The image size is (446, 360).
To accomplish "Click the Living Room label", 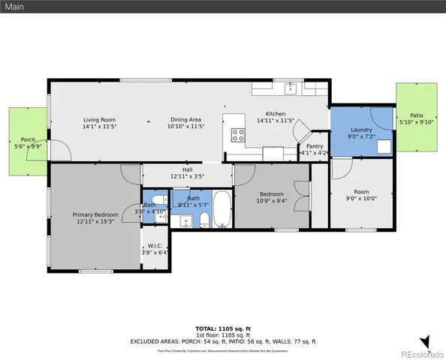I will point(98,119).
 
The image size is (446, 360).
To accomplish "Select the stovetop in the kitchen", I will point(238,136).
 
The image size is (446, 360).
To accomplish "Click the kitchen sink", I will point(291,89).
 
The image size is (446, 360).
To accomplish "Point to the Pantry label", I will point(315,146).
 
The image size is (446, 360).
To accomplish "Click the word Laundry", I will point(361,130).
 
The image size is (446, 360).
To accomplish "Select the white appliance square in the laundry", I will point(384,146).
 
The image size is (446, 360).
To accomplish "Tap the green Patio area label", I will point(416,115).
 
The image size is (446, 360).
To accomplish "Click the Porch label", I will point(28,139).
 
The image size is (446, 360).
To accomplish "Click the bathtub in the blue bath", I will point(223,210).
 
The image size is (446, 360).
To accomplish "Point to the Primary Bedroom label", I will point(95,214).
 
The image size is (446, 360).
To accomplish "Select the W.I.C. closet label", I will point(155,245).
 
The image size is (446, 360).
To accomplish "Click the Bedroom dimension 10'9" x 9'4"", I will point(272,200).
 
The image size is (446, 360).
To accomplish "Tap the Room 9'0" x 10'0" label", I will point(361,198).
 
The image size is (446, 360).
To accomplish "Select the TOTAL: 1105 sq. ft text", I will point(222,328).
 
